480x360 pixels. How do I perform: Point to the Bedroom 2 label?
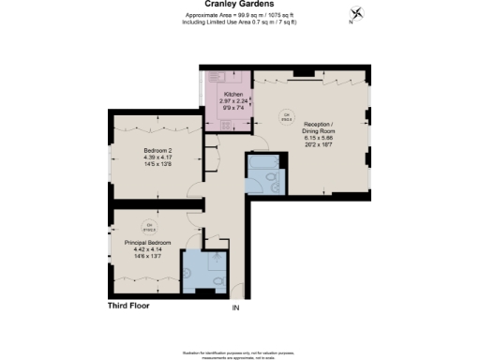pyautogui.click(x=157, y=149)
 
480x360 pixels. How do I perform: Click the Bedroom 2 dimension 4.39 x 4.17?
pyautogui.click(x=157, y=157)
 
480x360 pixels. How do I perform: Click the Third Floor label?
pyautogui.click(x=127, y=305)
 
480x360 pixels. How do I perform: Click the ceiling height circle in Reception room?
pyautogui.click(x=287, y=116)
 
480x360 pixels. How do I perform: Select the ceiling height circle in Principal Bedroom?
pyautogui.click(x=148, y=225)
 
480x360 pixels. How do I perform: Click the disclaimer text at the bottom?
pyautogui.click(x=239, y=349)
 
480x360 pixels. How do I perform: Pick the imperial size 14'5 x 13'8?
pyautogui.click(x=157, y=164)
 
